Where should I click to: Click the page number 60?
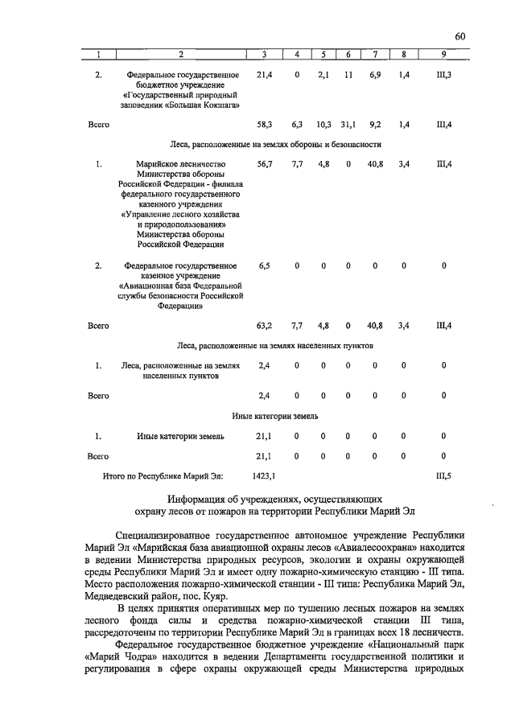pyautogui.click(x=459, y=35)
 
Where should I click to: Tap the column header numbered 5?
pyautogui.click(x=323, y=54)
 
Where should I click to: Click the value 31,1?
pyautogui.click(x=348, y=125)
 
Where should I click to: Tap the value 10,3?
pyautogui.click(x=323, y=125)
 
